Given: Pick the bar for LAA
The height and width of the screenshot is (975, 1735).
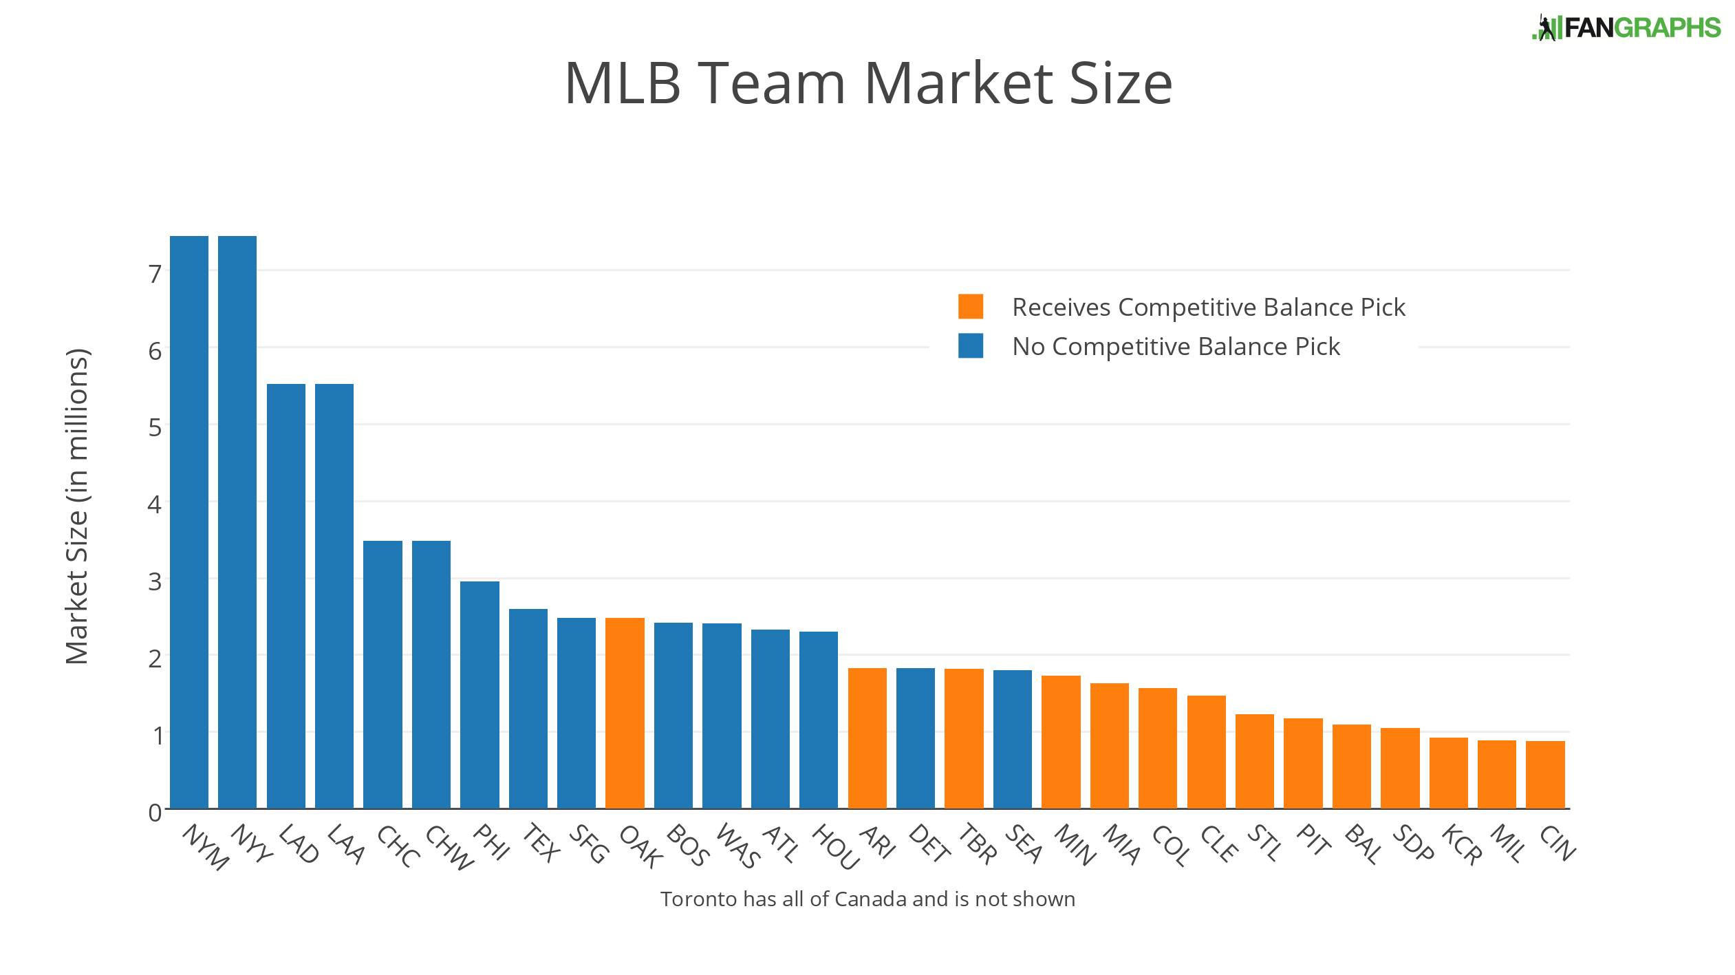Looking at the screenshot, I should point(334,596).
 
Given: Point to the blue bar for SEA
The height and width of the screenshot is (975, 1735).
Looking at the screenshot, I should point(1012,739).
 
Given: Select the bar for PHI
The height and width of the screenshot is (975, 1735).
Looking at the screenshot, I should point(479,695).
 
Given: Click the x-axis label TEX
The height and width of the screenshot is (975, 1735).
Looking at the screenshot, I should point(541,843).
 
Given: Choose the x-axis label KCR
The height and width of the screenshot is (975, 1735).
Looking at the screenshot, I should point(1461,844).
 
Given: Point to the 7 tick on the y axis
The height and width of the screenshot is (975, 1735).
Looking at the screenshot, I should point(155,275).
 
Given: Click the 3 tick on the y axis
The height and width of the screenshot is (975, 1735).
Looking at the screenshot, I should point(155,582).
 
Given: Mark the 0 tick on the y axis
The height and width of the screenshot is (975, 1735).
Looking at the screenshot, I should point(155,813).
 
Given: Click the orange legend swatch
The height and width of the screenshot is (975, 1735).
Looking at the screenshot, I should point(970,307).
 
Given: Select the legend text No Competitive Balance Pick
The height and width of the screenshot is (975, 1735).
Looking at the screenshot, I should point(1176,347).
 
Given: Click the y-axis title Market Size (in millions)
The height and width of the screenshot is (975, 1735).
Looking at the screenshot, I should point(77,506).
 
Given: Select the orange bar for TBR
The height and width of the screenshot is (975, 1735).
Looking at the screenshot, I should point(964,738).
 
